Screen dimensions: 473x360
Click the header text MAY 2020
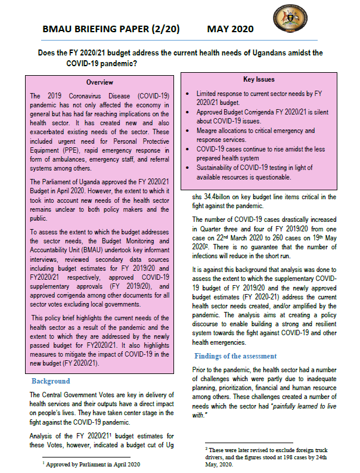230,29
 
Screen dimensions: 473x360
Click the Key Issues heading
258,79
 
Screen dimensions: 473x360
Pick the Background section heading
51,381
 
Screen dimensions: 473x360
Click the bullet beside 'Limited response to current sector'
188,94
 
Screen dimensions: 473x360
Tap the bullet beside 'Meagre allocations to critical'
188,131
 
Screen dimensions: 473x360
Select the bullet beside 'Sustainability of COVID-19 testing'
188,169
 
